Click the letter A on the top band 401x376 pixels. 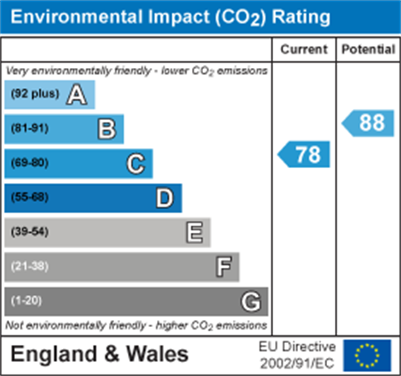click(x=77, y=95)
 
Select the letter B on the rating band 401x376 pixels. click(x=106, y=129)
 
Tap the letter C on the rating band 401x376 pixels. click(x=136, y=164)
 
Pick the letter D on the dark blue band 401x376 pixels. click(x=165, y=198)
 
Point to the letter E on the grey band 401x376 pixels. click(x=194, y=232)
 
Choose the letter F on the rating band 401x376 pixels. click(x=223, y=267)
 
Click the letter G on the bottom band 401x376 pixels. click(x=251, y=302)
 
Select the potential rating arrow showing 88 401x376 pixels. click(x=369, y=123)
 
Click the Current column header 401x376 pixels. click(x=304, y=50)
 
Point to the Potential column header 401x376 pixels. click(x=368, y=50)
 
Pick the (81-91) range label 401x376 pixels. click(x=29, y=129)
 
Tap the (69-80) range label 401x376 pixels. click(x=29, y=163)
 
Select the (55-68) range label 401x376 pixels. click(x=29, y=197)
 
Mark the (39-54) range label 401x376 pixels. click(x=29, y=231)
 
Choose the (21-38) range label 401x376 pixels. click(x=29, y=266)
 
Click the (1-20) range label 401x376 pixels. click(x=26, y=301)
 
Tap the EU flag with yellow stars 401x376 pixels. click(x=367, y=356)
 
